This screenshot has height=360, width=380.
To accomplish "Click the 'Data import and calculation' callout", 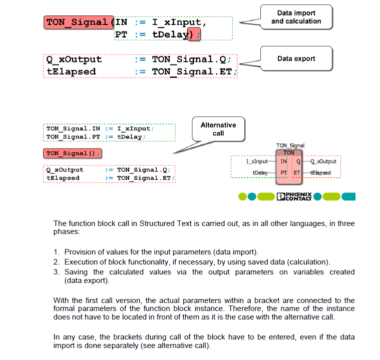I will coord(296,17).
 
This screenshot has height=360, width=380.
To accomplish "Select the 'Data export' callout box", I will coord(296,58).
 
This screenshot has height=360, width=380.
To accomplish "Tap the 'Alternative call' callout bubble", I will coord(218,129).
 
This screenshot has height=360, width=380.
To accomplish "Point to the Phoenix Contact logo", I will coord(294,196).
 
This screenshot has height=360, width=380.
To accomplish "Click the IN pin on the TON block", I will coord(283,161).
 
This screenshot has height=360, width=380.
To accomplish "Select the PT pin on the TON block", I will coord(283,172).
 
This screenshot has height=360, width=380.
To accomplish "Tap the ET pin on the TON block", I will coord(297,172).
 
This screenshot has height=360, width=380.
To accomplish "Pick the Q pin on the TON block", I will coord(298,161).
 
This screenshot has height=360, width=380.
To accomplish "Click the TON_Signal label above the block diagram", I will coord(290,145).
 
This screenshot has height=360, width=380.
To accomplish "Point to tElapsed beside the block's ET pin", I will coord(320,172).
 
